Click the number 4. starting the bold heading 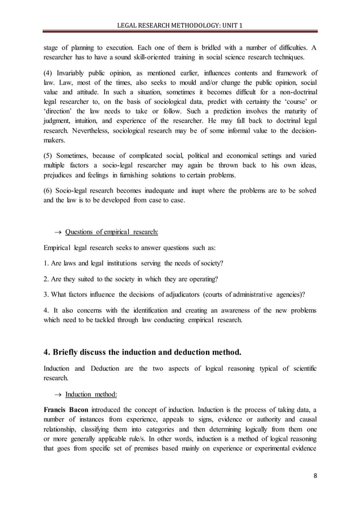click(48, 353)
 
